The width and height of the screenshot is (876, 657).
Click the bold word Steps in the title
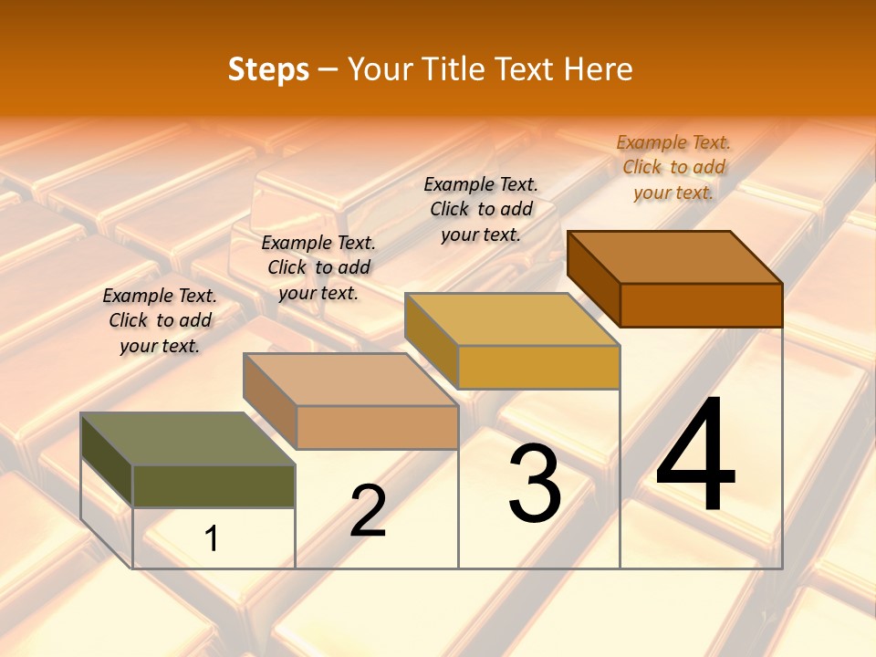click(268, 69)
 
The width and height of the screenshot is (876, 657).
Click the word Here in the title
click(598, 69)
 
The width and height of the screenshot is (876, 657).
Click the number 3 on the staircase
click(535, 484)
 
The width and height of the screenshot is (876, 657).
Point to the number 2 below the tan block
click(368, 511)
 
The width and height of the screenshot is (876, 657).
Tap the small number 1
click(212, 538)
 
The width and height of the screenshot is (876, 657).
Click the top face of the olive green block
click(187, 439)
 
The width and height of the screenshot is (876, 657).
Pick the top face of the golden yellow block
click(512, 319)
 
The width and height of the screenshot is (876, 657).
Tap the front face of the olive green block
click(214, 485)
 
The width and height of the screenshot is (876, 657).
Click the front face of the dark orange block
click(701, 305)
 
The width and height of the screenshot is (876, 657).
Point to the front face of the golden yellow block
click(538, 367)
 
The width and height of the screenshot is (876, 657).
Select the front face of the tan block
click(376, 427)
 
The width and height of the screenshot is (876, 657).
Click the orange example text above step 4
click(673, 167)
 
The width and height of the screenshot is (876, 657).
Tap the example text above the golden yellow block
click(481, 209)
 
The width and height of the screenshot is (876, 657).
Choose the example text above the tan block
click(318, 267)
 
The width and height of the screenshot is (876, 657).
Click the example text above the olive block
click(160, 320)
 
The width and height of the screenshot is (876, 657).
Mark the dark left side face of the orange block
click(593, 278)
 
